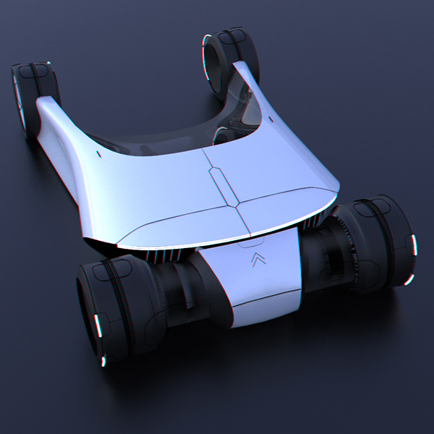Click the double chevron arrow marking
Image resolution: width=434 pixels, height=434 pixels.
(x=255, y=260)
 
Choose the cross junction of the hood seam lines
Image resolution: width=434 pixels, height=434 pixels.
(x=239, y=208)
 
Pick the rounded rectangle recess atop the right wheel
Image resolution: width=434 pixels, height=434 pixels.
(x=375, y=205)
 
